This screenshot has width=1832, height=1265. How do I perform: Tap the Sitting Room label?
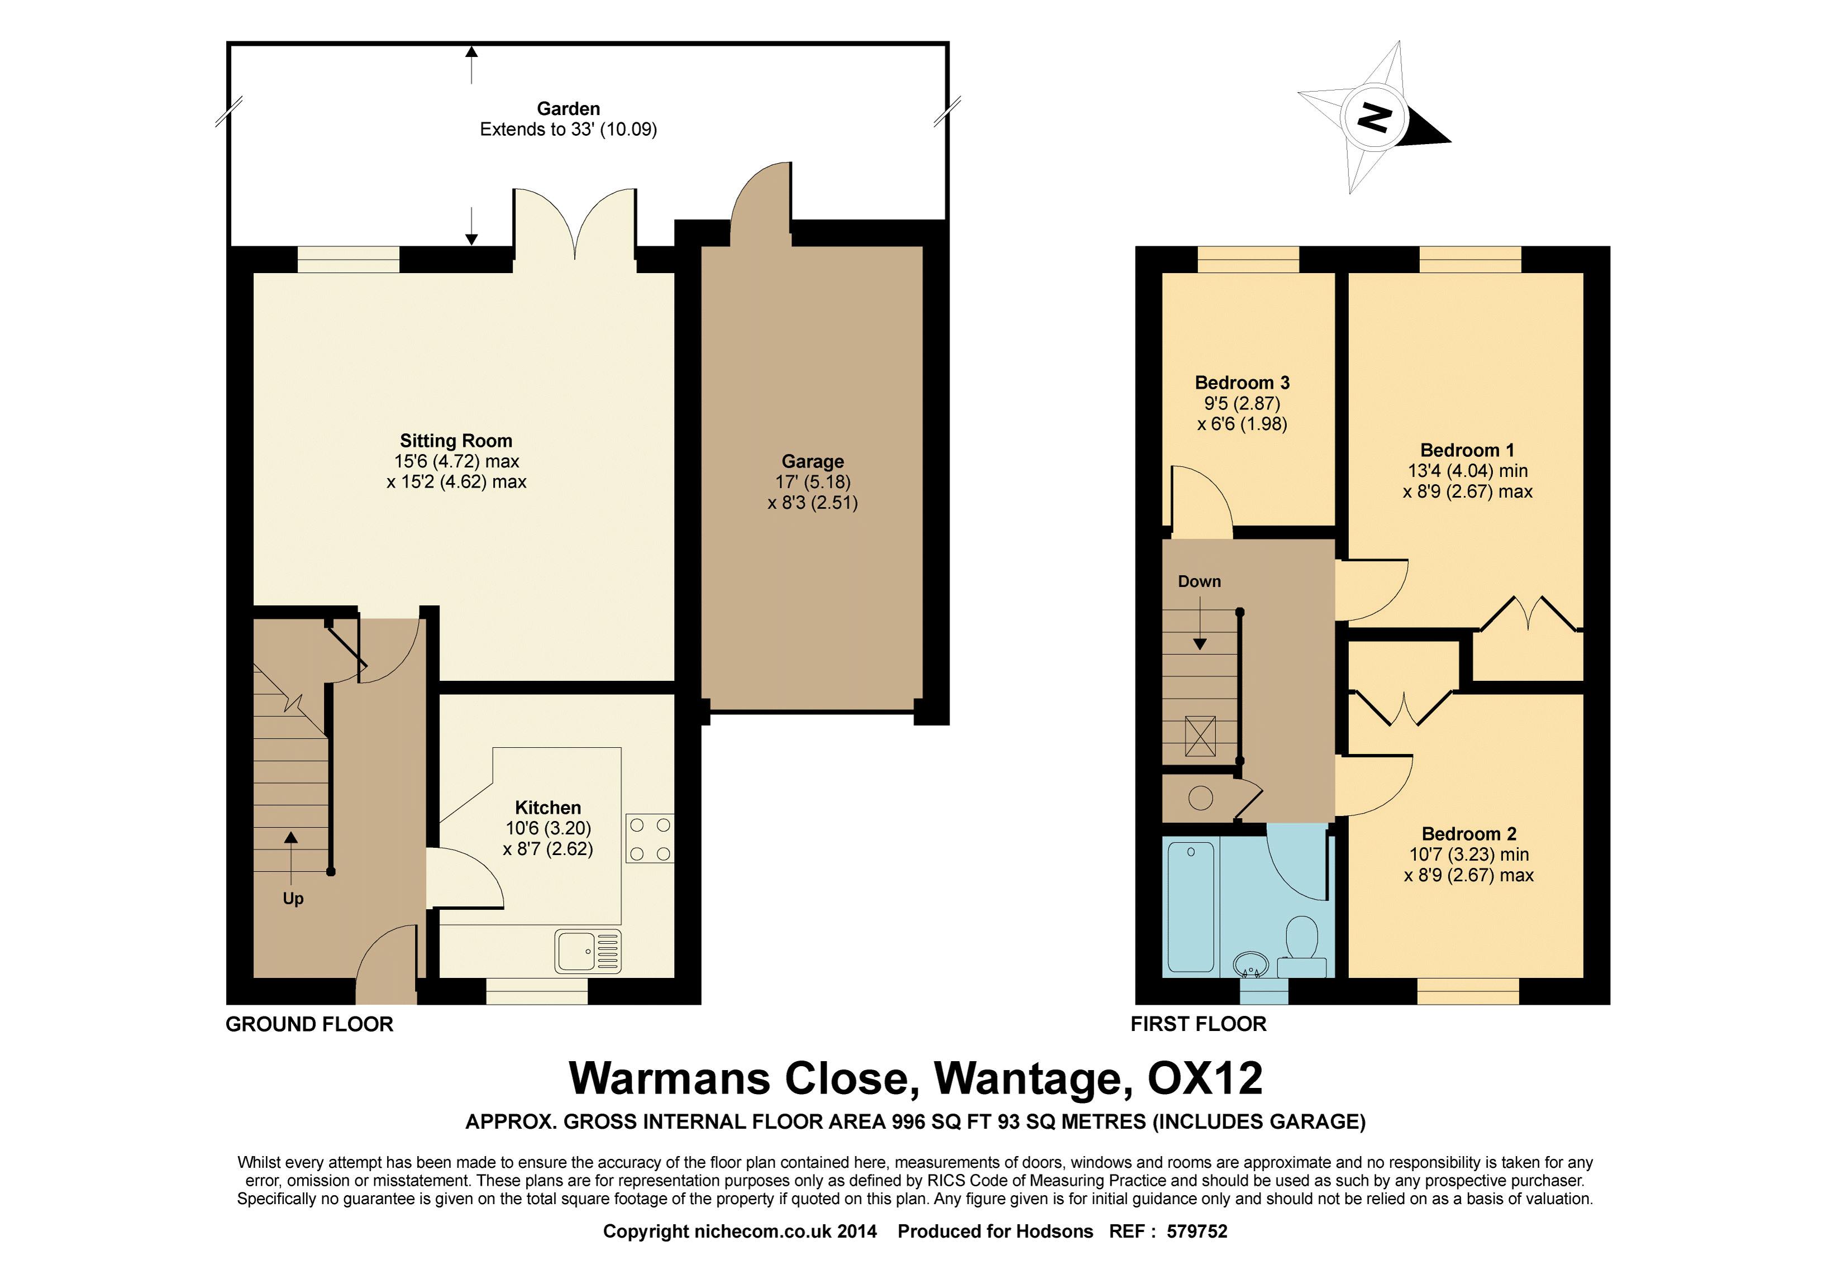(x=456, y=441)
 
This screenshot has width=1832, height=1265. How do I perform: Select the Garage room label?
(x=813, y=461)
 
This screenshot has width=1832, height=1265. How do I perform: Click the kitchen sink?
(x=588, y=951)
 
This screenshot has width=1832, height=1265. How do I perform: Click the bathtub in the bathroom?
(x=1191, y=906)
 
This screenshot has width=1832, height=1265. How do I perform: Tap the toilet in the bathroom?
(x=1301, y=947)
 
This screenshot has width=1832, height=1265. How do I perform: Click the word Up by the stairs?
(x=293, y=899)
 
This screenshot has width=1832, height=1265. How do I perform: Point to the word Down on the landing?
(x=1199, y=581)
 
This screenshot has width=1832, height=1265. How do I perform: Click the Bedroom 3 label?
(x=1242, y=383)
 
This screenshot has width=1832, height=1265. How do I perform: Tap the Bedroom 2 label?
(x=1469, y=834)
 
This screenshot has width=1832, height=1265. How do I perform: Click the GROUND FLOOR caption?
(x=309, y=1024)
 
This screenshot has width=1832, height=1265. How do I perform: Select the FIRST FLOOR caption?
(x=1199, y=1024)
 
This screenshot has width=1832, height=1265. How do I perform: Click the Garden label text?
(x=569, y=108)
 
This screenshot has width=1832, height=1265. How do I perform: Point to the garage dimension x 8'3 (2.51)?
(x=813, y=503)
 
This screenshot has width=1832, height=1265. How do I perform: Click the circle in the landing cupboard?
(x=1201, y=798)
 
